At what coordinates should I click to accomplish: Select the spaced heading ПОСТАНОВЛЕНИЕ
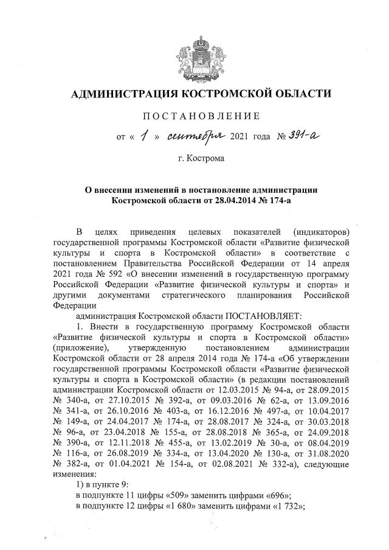point(201,116)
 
